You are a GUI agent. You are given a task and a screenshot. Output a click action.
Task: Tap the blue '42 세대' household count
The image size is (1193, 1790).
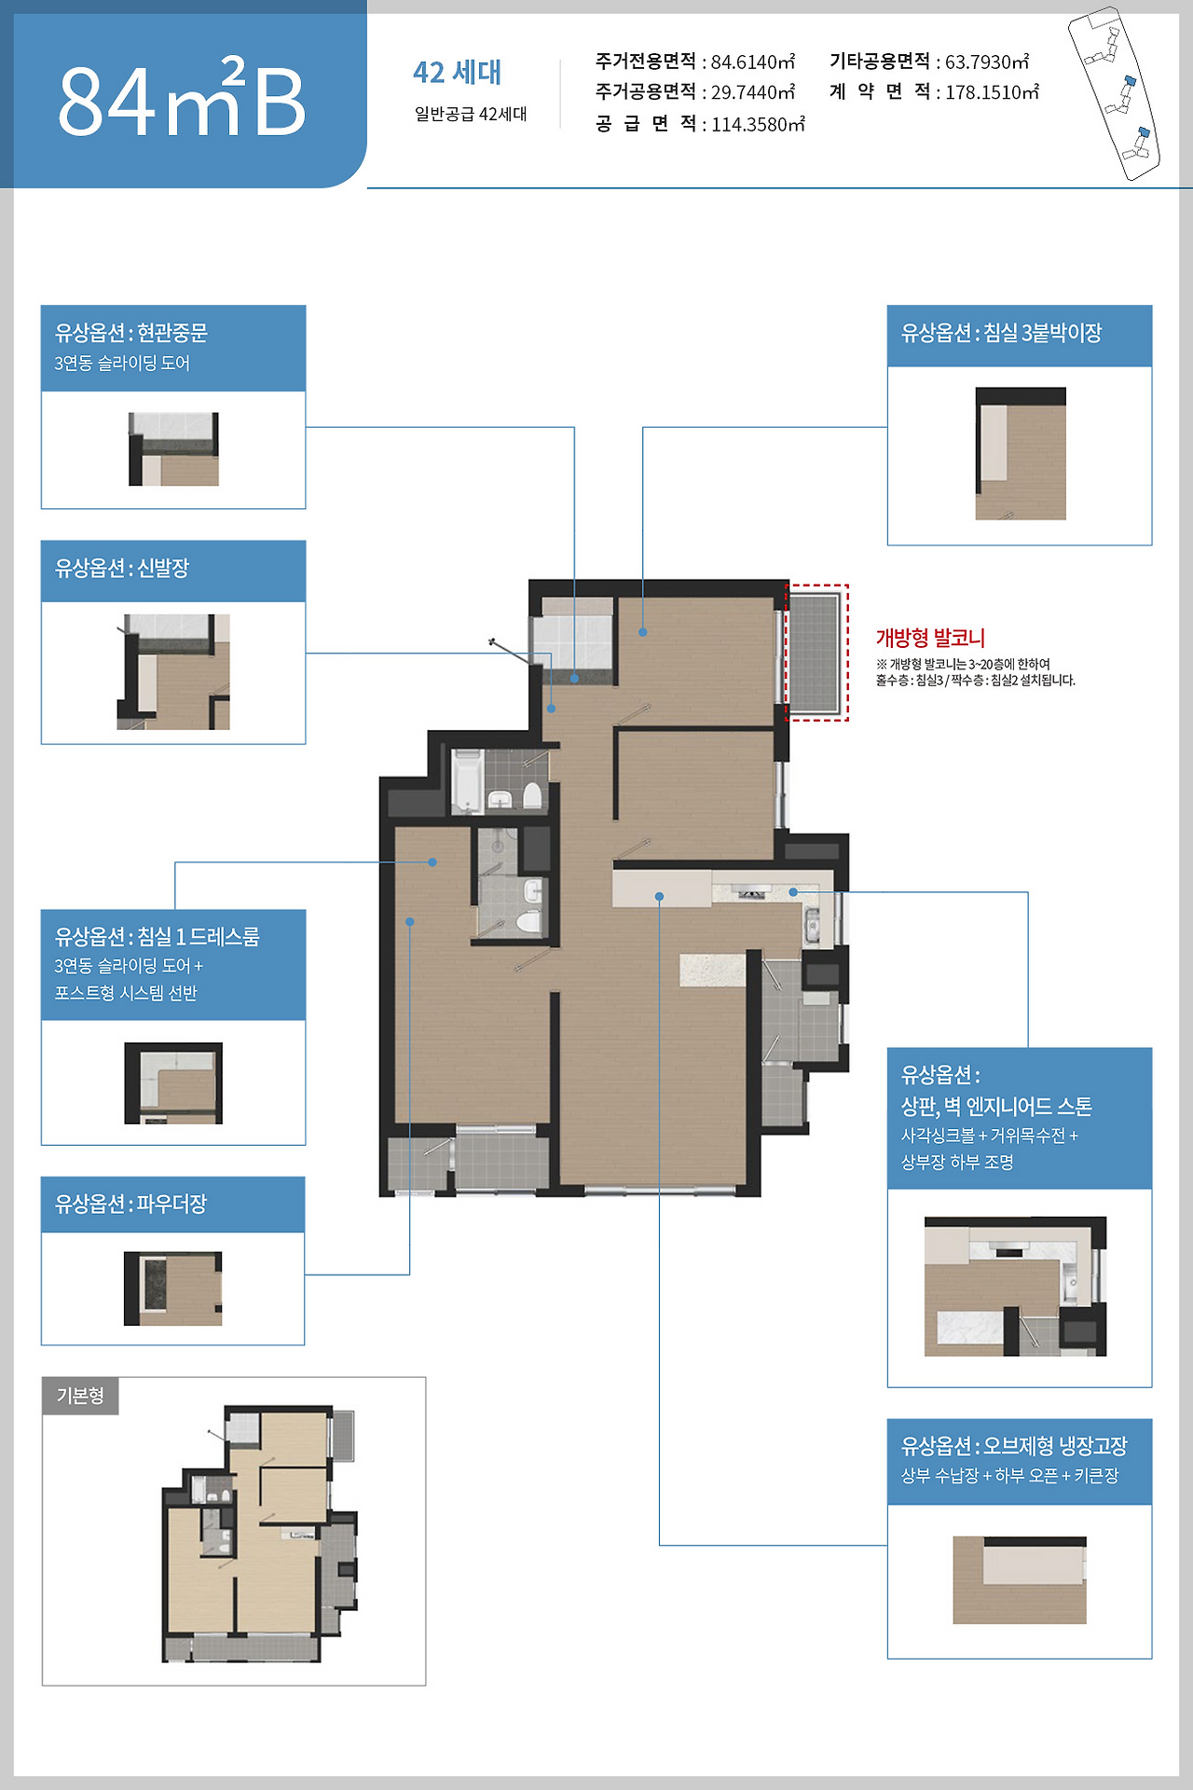(x=457, y=72)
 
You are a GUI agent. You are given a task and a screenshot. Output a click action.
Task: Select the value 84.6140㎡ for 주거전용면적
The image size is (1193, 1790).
(x=753, y=62)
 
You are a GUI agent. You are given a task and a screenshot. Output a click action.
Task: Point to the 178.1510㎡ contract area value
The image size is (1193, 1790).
(x=993, y=92)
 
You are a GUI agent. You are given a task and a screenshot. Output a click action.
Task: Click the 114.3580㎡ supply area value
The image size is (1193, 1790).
(x=758, y=124)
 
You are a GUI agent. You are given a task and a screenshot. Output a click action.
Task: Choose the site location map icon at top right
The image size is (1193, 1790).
(x=1114, y=93)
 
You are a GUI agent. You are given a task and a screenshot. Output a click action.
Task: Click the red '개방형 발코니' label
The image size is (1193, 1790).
(x=930, y=638)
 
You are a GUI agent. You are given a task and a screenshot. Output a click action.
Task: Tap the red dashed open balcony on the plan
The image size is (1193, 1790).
(x=816, y=653)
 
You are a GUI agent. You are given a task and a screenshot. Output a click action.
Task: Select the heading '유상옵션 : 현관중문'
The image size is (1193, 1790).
(x=131, y=333)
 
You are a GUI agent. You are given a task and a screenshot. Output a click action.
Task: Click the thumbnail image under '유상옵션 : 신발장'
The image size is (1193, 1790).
(x=173, y=671)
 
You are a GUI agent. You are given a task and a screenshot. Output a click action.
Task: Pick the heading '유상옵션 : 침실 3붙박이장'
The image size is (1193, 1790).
(x=1001, y=333)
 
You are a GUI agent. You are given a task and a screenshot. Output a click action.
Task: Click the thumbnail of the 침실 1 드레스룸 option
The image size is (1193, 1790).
(x=173, y=1083)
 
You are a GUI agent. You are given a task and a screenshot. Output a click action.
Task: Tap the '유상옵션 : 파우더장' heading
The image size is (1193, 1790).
(x=130, y=1204)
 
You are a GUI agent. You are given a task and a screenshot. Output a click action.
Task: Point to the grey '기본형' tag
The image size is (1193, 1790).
(x=80, y=1396)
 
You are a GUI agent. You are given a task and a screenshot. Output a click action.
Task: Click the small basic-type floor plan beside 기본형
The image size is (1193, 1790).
(x=260, y=1534)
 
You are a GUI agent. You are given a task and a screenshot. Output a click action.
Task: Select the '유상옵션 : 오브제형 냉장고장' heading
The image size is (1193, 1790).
(x=1014, y=1446)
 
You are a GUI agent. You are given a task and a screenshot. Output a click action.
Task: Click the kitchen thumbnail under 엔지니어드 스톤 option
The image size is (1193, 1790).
(x=1016, y=1287)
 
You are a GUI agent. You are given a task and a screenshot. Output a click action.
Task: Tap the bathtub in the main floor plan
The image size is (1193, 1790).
(x=467, y=780)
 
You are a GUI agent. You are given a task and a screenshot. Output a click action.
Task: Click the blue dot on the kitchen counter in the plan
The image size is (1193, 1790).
(x=793, y=892)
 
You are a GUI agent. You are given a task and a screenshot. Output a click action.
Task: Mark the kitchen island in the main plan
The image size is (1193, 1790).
(x=712, y=970)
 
